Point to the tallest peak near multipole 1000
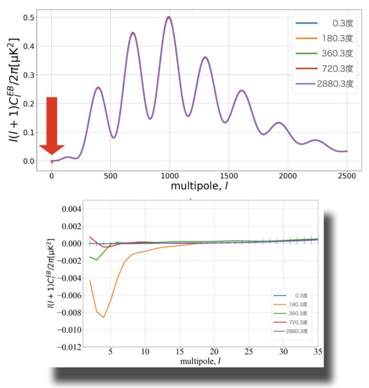click(169, 17)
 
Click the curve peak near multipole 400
click(98, 87)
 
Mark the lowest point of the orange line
click(104, 317)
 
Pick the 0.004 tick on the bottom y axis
click(72, 209)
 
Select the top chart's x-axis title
click(199, 187)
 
